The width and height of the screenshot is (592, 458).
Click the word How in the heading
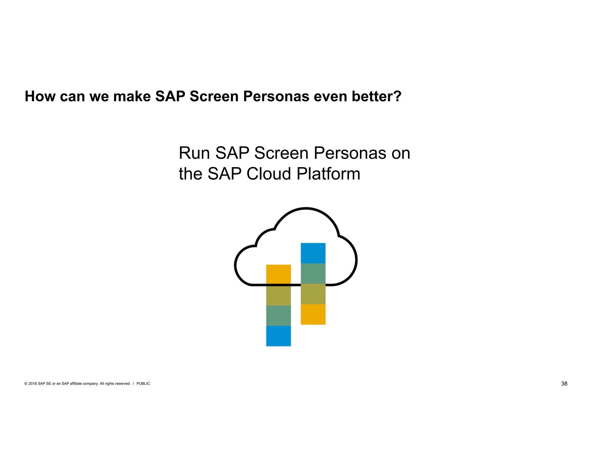coord(40,96)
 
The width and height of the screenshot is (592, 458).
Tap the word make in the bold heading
coord(132,96)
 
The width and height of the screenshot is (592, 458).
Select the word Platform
coord(328,174)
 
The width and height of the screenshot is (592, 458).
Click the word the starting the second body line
coord(190,174)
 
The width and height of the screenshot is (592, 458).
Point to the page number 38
coord(564,384)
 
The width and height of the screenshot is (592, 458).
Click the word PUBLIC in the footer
coord(143,384)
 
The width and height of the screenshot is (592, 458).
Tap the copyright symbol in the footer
coord(26,384)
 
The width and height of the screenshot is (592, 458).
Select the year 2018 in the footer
coord(32,384)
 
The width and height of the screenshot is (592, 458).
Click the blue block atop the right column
coord(313,253)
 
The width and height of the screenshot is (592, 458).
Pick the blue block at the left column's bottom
coord(278,336)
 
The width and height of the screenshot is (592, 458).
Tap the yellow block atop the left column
coord(278,274)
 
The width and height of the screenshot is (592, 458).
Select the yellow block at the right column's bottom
coord(313,314)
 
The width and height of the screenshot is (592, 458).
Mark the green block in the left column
coord(278,316)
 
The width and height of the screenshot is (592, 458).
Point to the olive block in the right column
coord(313,294)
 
